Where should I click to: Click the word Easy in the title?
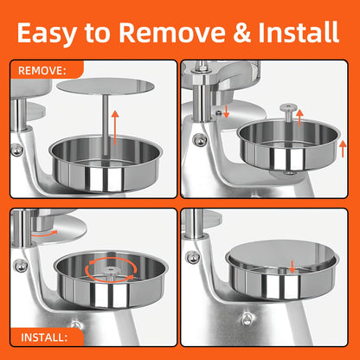click(47, 33)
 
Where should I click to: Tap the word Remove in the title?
click(172, 32)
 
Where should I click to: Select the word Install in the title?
click(299, 32)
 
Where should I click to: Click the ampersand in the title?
click(241, 32)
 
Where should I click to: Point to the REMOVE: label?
click(42, 70)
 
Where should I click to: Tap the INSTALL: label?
click(44, 337)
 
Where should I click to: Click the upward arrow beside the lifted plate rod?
click(115, 127)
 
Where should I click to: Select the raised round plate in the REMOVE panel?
click(106, 86)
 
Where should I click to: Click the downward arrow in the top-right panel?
click(227, 112)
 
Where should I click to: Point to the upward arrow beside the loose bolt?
click(299, 118)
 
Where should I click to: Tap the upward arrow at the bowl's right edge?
click(343, 149)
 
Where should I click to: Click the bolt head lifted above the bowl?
click(287, 107)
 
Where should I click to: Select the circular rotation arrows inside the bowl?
click(111, 269)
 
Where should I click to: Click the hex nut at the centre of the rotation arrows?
click(111, 270)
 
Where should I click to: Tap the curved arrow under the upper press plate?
click(44, 234)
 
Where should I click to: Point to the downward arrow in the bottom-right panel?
click(292, 267)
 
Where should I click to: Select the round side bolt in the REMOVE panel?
click(16, 150)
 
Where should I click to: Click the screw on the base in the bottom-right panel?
click(247, 318)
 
